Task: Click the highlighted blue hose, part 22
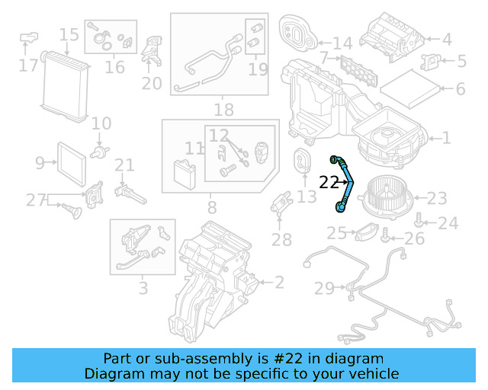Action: pyautogui.click(x=347, y=183)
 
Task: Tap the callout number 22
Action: pyautogui.click(x=329, y=183)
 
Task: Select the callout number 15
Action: pyautogui.click(x=69, y=34)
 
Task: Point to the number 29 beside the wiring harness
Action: pyautogui.click(x=325, y=288)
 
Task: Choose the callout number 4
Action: pyautogui.click(x=447, y=39)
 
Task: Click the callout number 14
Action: pyautogui.click(x=342, y=43)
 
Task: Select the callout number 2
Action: pyautogui.click(x=278, y=283)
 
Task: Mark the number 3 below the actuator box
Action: pyautogui.click(x=143, y=289)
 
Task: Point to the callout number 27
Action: pyautogui.click(x=36, y=200)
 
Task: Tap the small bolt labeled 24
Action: pyautogui.click(x=420, y=221)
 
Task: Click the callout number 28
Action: pyautogui.click(x=281, y=241)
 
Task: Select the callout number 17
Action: pyautogui.click(x=28, y=66)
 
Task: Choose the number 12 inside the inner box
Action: pyautogui.click(x=220, y=136)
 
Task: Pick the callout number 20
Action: pyautogui.click(x=152, y=83)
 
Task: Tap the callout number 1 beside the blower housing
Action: pyautogui.click(x=447, y=138)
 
